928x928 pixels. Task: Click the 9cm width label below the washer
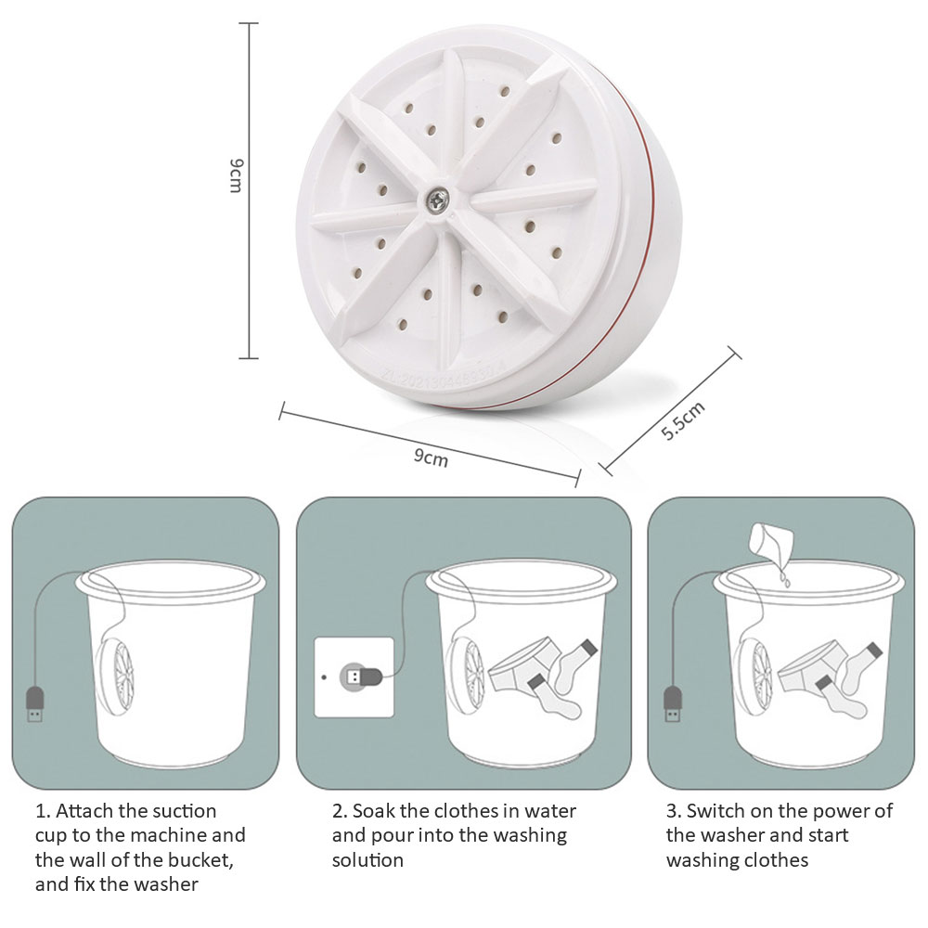[430, 456]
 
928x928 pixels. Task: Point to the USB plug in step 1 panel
[34, 704]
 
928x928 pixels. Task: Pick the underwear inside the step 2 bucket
[520, 664]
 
